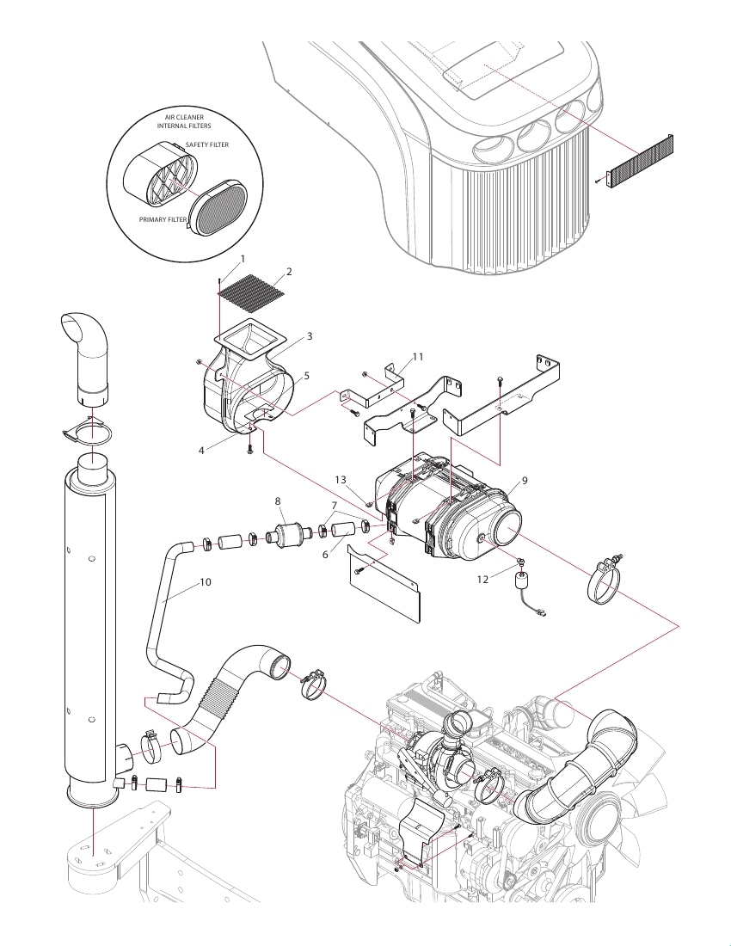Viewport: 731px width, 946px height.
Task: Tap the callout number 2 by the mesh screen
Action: (x=289, y=272)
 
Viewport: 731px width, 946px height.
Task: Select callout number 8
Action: (x=278, y=501)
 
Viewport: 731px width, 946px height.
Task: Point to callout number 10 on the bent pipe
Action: (x=206, y=582)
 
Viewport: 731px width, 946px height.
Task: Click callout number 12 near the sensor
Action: (x=482, y=580)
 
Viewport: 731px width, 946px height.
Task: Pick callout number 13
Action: (x=341, y=480)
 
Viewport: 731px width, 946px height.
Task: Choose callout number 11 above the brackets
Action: (x=418, y=357)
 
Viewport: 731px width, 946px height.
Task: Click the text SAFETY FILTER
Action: (x=207, y=144)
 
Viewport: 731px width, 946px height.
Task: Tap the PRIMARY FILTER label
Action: (x=163, y=219)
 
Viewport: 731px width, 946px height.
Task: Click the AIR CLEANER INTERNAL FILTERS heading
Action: (x=184, y=121)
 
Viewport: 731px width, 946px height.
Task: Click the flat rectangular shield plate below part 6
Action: (x=384, y=580)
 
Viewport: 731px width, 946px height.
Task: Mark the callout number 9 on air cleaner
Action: (x=525, y=481)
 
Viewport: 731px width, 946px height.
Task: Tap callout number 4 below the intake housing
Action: (x=201, y=451)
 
